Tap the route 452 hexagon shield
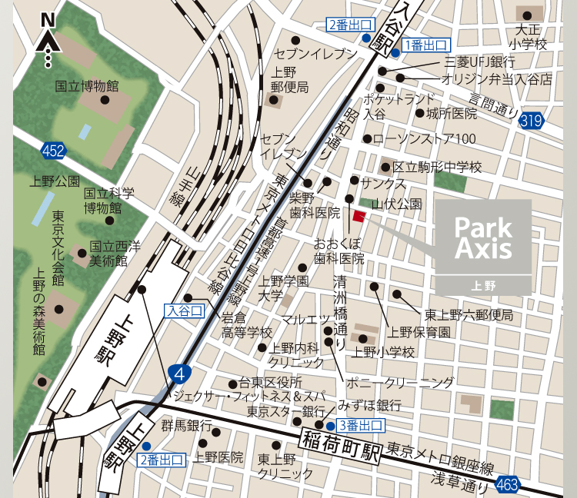coord(53,151)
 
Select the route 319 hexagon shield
coord(531,120)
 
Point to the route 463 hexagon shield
coord(507,484)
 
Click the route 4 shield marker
coord(180,373)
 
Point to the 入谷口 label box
coord(185,310)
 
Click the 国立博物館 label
coord(86,85)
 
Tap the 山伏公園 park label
coord(397,204)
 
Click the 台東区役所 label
coord(270,382)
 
